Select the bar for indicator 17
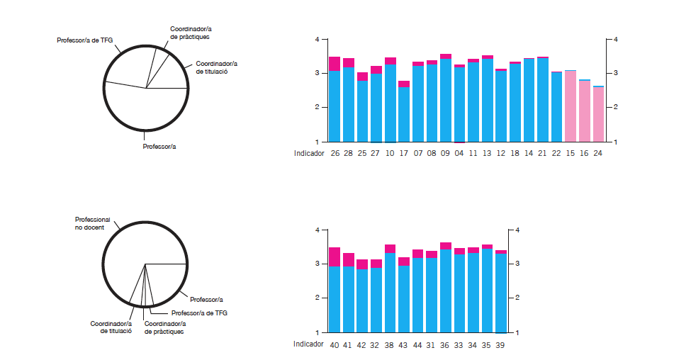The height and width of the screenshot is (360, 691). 403,113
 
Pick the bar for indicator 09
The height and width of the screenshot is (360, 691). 445,99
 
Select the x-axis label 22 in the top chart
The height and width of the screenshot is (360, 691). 556,152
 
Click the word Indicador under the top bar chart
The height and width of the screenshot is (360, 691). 309,152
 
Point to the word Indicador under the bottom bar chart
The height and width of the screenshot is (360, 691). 309,344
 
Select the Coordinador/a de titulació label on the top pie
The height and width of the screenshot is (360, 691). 216,67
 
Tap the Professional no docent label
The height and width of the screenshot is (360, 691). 92,223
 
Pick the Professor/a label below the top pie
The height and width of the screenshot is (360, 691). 159,147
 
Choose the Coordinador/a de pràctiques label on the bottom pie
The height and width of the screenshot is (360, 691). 164,327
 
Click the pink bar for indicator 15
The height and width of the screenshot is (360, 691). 571,106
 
